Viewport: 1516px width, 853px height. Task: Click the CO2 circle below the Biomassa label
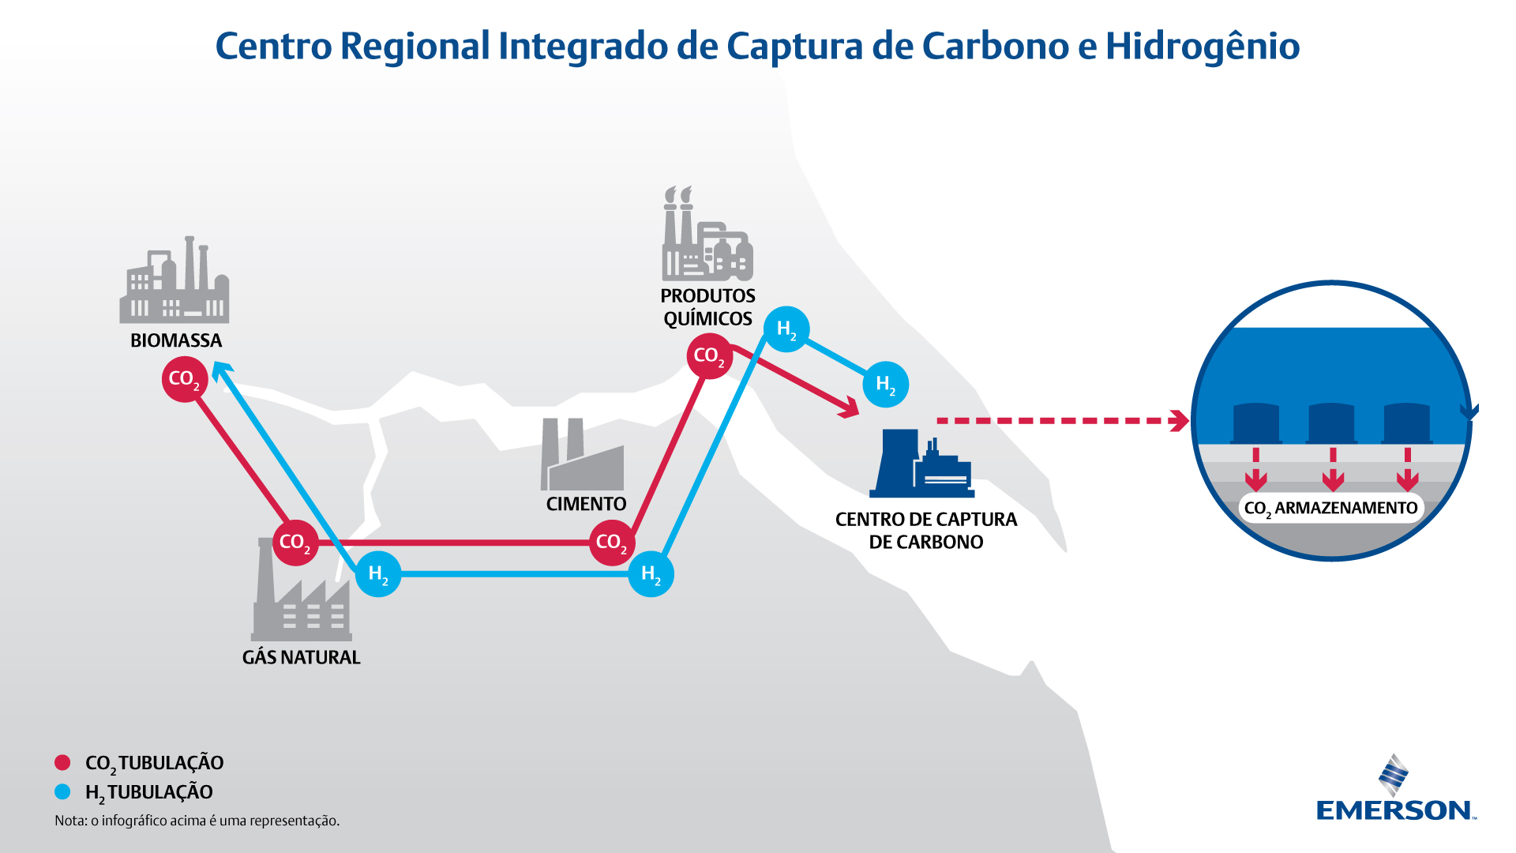point(185,379)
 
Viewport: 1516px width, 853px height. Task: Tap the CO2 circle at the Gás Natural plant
point(295,543)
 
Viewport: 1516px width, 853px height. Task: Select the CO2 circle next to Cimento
point(612,543)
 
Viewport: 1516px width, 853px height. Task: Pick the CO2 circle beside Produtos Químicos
point(709,356)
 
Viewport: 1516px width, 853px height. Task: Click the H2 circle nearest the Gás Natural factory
point(378,574)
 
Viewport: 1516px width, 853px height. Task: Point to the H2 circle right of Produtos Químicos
point(786,329)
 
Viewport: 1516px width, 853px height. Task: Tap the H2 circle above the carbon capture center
point(886,385)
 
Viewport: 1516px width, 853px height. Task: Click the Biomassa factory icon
point(174,280)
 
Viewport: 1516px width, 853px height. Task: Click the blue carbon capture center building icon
point(921,464)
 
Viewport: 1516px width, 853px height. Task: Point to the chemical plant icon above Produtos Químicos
point(707,233)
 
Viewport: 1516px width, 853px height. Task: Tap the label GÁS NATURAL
point(301,657)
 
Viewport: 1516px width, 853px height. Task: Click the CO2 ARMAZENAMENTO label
point(1330,508)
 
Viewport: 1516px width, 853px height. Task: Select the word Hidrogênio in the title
point(1202,46)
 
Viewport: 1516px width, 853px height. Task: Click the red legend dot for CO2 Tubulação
point(62,762)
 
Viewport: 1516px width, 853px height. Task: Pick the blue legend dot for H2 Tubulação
point(62,791)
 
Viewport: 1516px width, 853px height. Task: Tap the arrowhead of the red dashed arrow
point(1180,421)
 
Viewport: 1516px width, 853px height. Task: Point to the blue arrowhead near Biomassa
point(221,370)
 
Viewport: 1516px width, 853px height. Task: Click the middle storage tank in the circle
point(1331,423)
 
